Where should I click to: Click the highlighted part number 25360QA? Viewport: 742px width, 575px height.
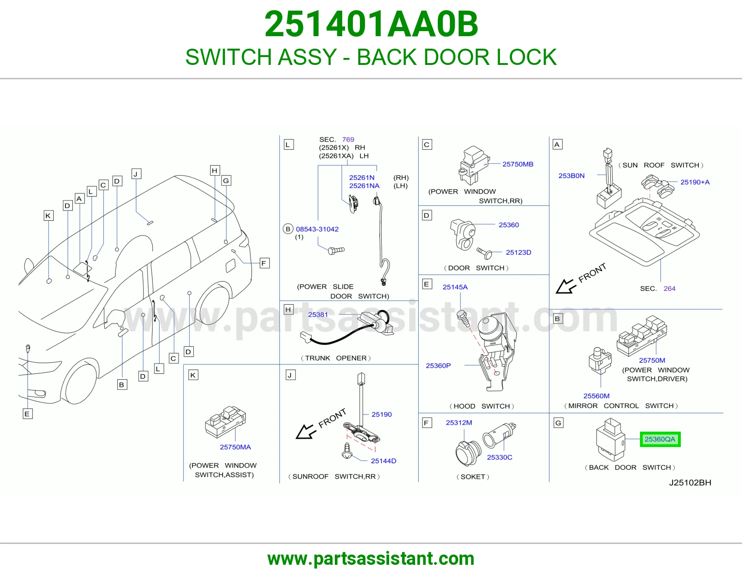point(660,439)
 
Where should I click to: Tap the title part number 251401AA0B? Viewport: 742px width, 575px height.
point(371,24)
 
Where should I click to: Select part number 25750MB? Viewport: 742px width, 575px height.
point(518,164)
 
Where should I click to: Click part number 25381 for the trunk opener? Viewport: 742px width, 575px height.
point(318,314)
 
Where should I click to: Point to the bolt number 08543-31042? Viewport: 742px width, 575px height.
point(317,229)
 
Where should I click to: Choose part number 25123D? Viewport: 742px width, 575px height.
point(518,252)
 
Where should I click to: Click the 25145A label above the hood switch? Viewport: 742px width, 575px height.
point(455,287)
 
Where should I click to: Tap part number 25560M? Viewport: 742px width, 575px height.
point(596,396)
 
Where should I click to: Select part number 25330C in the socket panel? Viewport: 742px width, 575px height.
point(499,457)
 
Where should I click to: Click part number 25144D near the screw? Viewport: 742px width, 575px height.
point(384,461)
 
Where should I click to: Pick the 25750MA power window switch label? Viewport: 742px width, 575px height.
point(235,447)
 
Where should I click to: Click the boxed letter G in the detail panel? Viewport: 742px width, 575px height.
point(558,423)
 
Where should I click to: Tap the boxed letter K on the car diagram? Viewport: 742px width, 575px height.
point(48,216)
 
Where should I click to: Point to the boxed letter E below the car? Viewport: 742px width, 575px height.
point(27,414)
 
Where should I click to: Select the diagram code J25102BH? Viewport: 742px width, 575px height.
point(690,482)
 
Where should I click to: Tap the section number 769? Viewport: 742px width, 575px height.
point(348,139)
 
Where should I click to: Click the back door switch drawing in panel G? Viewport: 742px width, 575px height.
point(611,440)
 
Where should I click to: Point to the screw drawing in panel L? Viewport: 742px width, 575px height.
point(336,250)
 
